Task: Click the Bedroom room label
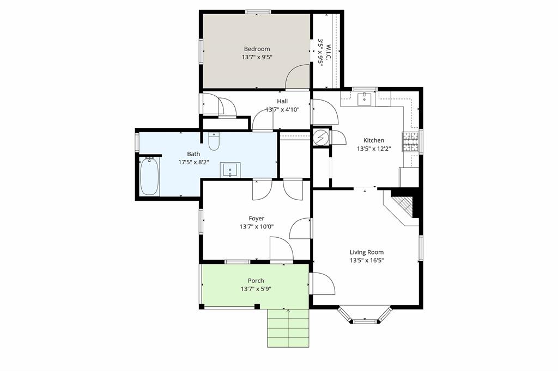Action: (x=257, y=49)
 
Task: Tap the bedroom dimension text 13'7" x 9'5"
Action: (x=257, y=57)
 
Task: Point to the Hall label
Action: (x=282, y=101)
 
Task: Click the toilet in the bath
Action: (x=214, y=141)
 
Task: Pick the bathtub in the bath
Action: (x=149, y=176)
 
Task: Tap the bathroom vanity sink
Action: (x=230, y=170)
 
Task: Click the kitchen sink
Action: (x=363, y=98)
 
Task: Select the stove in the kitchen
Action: (x=410, y=141)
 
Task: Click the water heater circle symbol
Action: (x=320, y=138)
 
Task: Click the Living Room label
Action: (x=366, y=252)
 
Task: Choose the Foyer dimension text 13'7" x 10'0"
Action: (x=257, y=227)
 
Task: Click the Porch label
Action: (x=256, y=281)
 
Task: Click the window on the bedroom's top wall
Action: (x=257, y=11)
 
